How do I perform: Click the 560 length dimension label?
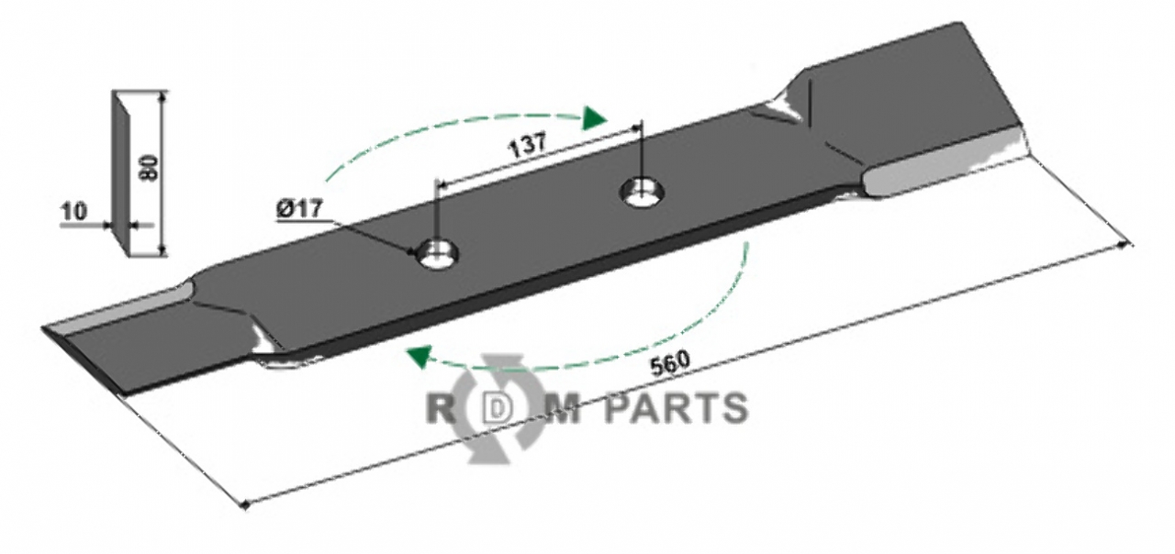pyautogui.click(x=670, y=365)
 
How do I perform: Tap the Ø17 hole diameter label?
pyautogui.click(x=298, y=209)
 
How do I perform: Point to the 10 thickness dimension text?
pyautogui.click(x=73, y=212)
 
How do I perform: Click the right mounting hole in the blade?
pyautogui.click(x=643, y=192)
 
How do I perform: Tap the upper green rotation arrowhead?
pyautogui.click(x=595, y=116)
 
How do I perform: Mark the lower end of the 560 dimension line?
pyautogui.click(x=245, y=504)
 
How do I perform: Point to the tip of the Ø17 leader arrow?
pyautogui.click(x=418, y=252)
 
